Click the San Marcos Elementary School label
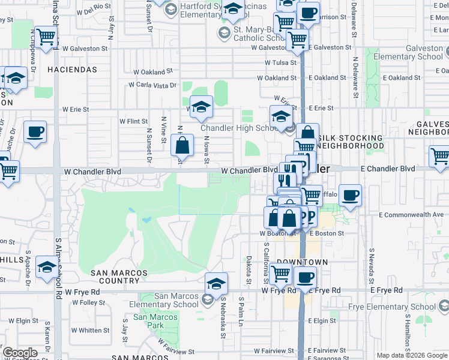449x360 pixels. pyautogui.click(x=176, y=300)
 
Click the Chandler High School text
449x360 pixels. pyautogui.click(x=238, y=128)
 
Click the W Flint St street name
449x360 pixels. pyautogui.click(x=133, y=121)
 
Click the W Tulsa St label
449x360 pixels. pyautogui.click(x=280, y=62)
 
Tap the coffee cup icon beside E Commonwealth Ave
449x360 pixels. pyautogui.click(x=350, y=195)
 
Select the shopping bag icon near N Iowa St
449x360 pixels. pyautogui.click(x=182, y=145)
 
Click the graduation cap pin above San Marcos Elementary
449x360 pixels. pyautogui.click(x=216, y=283)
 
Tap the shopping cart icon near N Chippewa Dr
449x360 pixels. pyautogui.click(x=46, y=37)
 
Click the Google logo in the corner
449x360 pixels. pyautogui.click(x=20, y=353)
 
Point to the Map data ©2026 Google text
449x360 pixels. pyautogui.click(x=411, y=355)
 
